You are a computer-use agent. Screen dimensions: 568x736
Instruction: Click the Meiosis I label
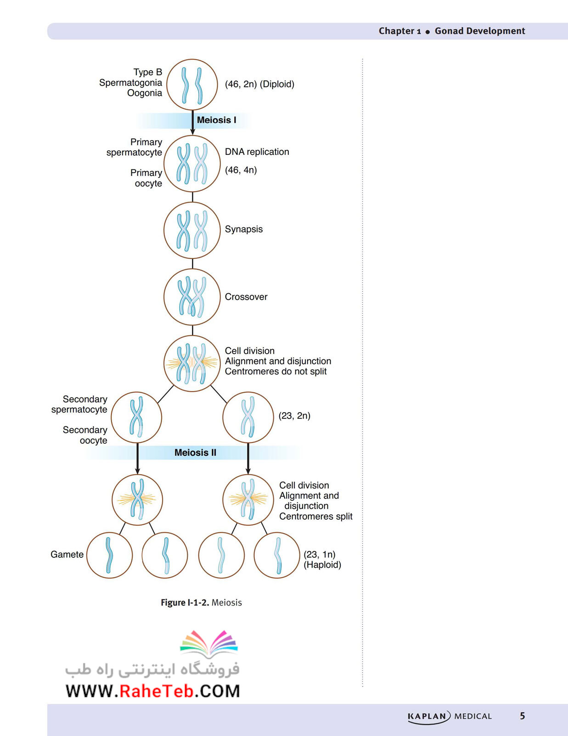[x=217, y=120]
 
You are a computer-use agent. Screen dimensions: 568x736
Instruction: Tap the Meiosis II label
[x=195, y=453]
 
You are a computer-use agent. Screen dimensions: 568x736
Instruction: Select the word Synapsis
[x=244, y=229]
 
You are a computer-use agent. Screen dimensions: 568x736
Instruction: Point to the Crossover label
[x=246, y=297]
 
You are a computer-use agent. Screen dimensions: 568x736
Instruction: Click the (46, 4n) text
[x=241, y=170]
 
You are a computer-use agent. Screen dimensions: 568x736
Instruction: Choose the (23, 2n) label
[x=294, y=416]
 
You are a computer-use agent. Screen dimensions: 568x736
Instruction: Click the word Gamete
[x=67, y=555]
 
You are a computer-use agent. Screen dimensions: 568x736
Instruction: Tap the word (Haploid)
[x=322, y=565]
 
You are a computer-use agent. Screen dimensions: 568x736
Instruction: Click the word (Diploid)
[x=277, y=84]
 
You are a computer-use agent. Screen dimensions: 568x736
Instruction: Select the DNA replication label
[x=257, y=152]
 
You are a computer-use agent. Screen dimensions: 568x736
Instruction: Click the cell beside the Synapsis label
[x=192, y=230]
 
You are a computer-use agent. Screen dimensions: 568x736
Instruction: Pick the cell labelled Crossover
[x=192, y=297]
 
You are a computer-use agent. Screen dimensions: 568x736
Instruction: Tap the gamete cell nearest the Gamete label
[x=109, y=555]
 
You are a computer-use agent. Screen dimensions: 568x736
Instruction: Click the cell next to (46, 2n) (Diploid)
[x=192, y=85]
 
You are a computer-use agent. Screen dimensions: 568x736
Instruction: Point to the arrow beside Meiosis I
[x=192, y=123]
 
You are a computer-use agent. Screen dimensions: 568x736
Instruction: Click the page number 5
[x=522, y=716]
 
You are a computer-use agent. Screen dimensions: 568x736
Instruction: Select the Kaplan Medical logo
[x=450, y=717]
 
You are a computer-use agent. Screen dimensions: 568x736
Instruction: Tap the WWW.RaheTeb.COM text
[x=152, y=691]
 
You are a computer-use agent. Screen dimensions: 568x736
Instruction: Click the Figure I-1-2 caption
[x=201, y=603]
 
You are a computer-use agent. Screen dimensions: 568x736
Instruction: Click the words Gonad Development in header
[x=480, y=31]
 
